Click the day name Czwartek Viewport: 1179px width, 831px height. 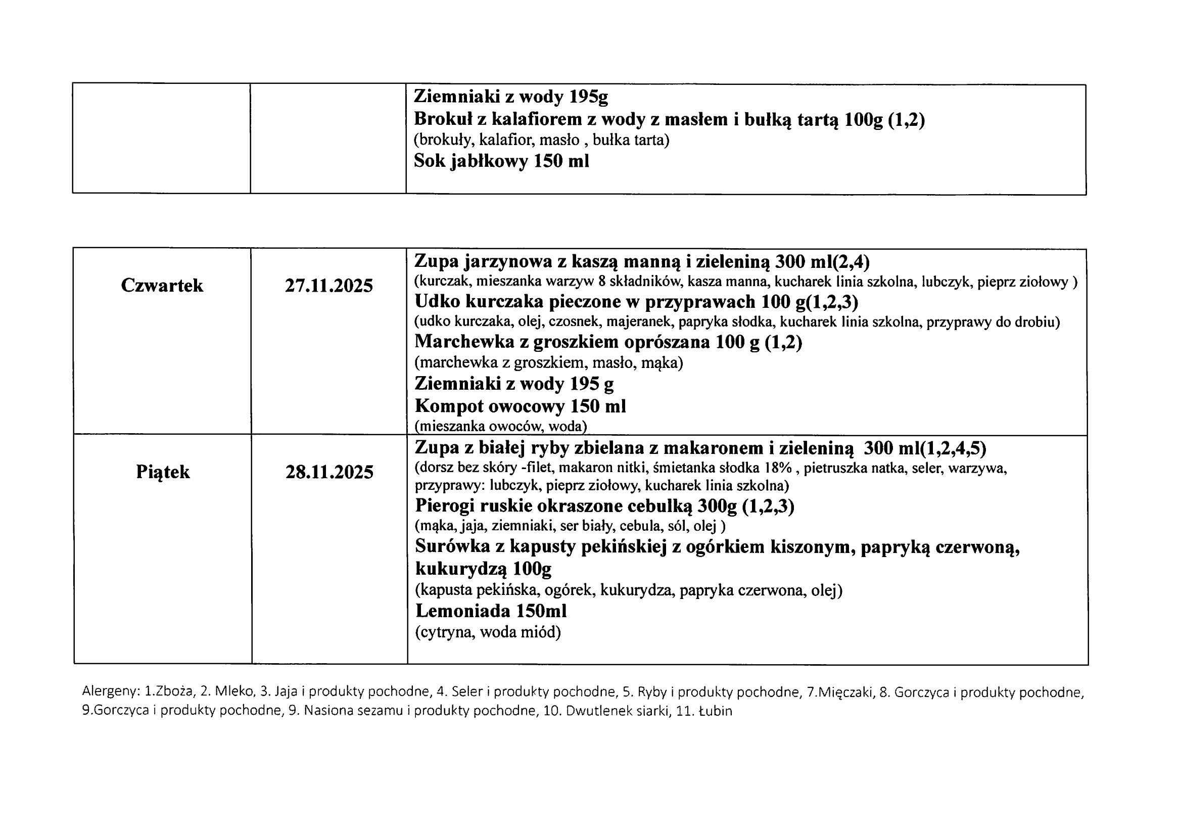click(x=162, y=286)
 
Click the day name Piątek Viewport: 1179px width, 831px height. click(x=163, y=472)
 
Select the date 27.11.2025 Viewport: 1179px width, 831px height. click(x=328, y=286)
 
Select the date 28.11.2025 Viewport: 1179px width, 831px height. click(x=329, y=472)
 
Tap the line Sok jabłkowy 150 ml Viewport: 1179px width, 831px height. click(x=501, y=161)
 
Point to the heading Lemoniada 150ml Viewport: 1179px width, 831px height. click(x=491, y=611)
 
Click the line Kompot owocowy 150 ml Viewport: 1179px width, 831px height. click(x=520, y=406)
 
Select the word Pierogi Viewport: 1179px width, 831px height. click(x=444, y=506)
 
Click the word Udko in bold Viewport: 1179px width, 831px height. click(x=437, y=301)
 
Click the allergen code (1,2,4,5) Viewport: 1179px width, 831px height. click(x=953, y=449)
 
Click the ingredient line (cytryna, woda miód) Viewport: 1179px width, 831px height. click(x=488, y=632)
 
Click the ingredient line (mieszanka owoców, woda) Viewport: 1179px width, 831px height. click(x=501, y=426)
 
